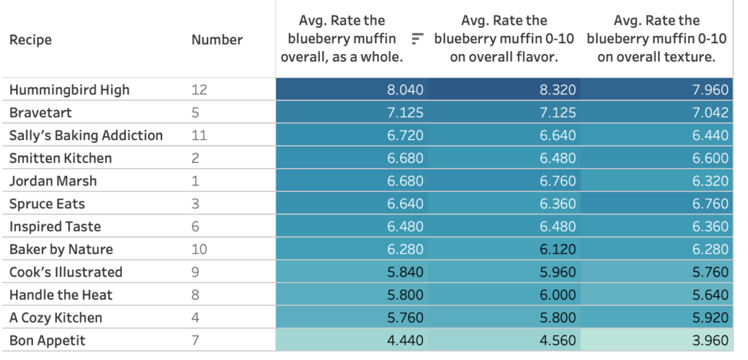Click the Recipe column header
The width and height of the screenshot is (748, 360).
pos(31,39)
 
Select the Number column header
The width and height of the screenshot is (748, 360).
pos(217,39)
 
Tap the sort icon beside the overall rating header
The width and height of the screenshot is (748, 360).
pos(418,39)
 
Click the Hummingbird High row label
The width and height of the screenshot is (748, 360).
pos(69,90)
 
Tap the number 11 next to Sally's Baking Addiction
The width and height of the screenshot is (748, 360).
pos(199,135)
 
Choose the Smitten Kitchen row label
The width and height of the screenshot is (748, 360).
pos(61,158)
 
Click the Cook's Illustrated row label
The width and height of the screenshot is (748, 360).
pos(66,272)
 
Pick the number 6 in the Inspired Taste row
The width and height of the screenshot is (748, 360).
pos(195,226)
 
